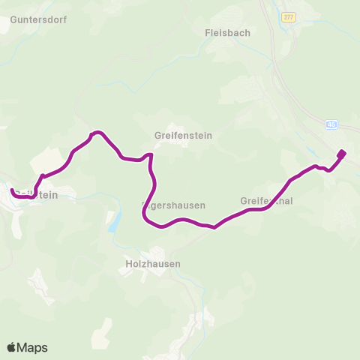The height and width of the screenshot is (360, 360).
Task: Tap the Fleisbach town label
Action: pyautogui.click(x=227, y=33)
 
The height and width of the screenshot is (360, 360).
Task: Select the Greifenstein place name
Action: pyautogui.click(x=184, y=136)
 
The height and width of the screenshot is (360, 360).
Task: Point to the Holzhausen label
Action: pyautogui.click(x=154, y=264)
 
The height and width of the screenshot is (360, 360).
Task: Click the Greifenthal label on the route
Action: pyautogui.click(x=266, y=201)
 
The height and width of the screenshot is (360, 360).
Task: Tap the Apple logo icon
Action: pyautogui.click(x=11, y=347)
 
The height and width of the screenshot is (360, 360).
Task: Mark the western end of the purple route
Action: pyautogui.click(x=13, y=191)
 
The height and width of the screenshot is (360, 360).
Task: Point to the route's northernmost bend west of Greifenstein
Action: pyautogui.click(x=95, y=133)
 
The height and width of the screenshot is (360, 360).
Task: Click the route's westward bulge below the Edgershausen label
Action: pyautogui.click(x=144, y=213)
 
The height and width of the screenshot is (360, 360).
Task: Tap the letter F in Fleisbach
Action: pyautogui.click(x=208, y=33)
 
